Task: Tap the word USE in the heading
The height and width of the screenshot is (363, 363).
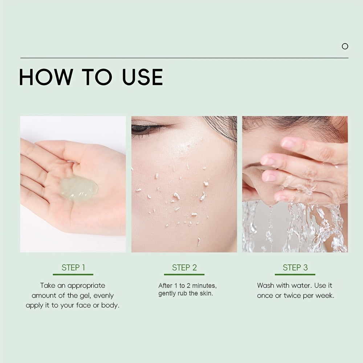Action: click(x=142, y=77)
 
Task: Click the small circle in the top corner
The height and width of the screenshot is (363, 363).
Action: click(x=345, y=46)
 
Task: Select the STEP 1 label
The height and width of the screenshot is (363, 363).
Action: click(x=73, y=268)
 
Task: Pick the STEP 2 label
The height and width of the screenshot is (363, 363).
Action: click(x=184, y=268)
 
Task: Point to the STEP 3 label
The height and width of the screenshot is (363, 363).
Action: click(x=295, y=268)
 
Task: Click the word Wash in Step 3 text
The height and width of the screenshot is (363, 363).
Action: click(x=266, y=286)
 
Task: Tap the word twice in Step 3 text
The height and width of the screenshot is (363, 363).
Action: click(x=295, y=295)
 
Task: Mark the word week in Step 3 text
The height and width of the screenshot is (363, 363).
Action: click(x=325, y=295)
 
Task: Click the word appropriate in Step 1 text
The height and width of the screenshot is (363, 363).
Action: click(x=86, y=286)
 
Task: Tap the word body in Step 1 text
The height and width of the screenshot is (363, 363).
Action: click(x=111, y=305)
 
